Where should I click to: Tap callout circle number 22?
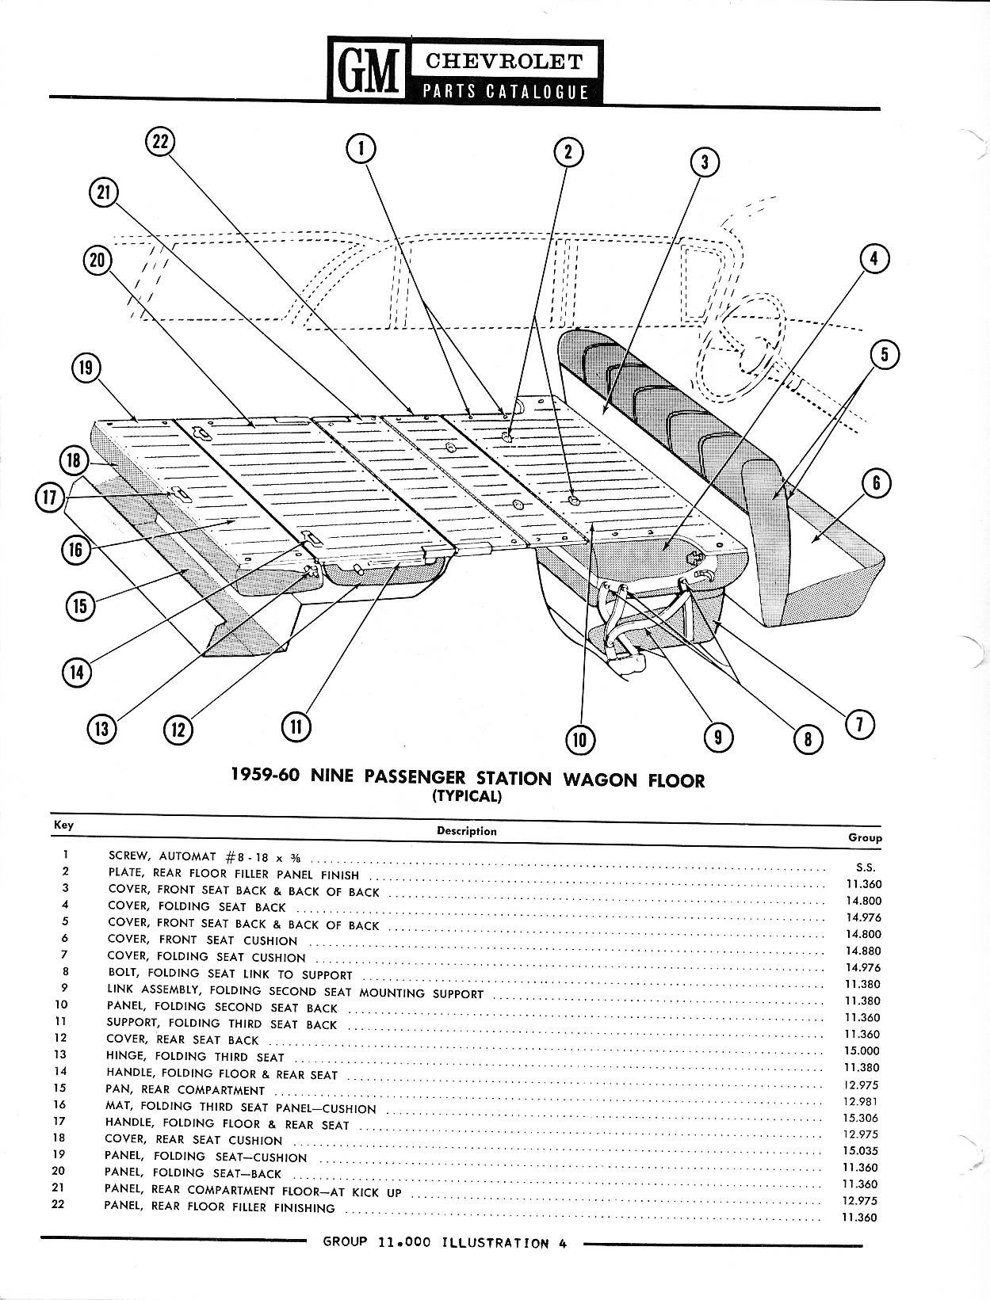pos(160,143)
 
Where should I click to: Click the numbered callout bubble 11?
pos(296,726)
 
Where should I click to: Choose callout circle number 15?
pos(79,606)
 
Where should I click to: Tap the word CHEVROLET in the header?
pos(504,61)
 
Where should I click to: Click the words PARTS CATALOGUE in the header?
pos(504,91)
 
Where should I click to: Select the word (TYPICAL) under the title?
pos(467,797)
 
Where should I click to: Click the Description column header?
pos(466,831)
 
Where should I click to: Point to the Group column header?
pos(865,837)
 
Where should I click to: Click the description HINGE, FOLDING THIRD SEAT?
pos(195,1057)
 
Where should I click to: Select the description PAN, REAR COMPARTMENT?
pos(185,1090)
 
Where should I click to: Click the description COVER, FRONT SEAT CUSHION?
pos(203,940)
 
